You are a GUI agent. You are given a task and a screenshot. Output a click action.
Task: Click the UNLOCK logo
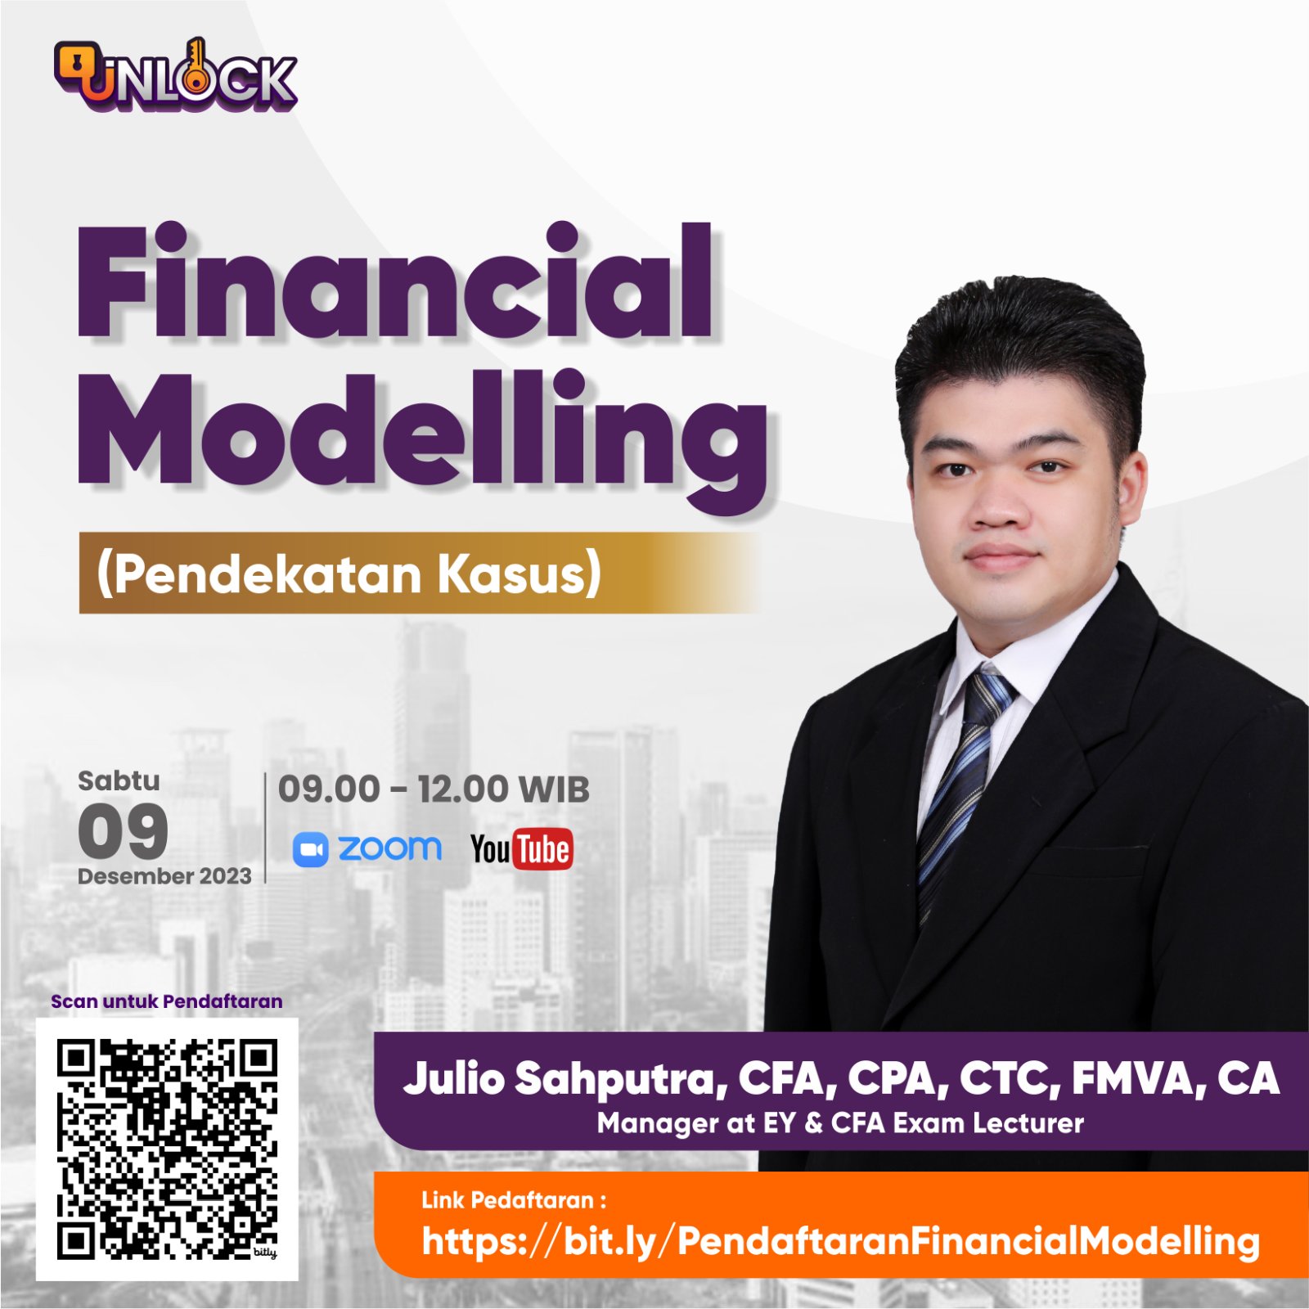[175, 75]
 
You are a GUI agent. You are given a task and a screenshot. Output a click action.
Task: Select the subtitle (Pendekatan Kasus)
[349, 573]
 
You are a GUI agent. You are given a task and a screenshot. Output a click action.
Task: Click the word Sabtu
[119, 780]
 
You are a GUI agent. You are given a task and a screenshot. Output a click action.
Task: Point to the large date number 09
[124, 830]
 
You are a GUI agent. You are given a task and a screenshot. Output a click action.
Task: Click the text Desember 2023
[164, 876]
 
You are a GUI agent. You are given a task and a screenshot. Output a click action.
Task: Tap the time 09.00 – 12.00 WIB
[434, 789]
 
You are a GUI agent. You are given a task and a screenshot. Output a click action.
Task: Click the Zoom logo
[367, 849]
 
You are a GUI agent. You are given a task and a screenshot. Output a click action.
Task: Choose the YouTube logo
[521, 849]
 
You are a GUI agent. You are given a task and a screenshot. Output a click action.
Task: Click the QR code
[167, 1149]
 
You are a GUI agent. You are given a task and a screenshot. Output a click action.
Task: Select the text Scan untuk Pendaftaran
[167, 1001]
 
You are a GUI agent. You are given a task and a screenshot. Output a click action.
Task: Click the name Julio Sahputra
[565, 1078]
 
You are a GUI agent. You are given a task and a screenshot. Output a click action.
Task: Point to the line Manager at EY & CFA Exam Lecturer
[840, 1123]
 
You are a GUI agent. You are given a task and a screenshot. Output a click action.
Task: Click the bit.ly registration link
[840, 1241]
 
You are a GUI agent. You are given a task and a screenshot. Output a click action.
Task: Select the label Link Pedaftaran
[514, 1200]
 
